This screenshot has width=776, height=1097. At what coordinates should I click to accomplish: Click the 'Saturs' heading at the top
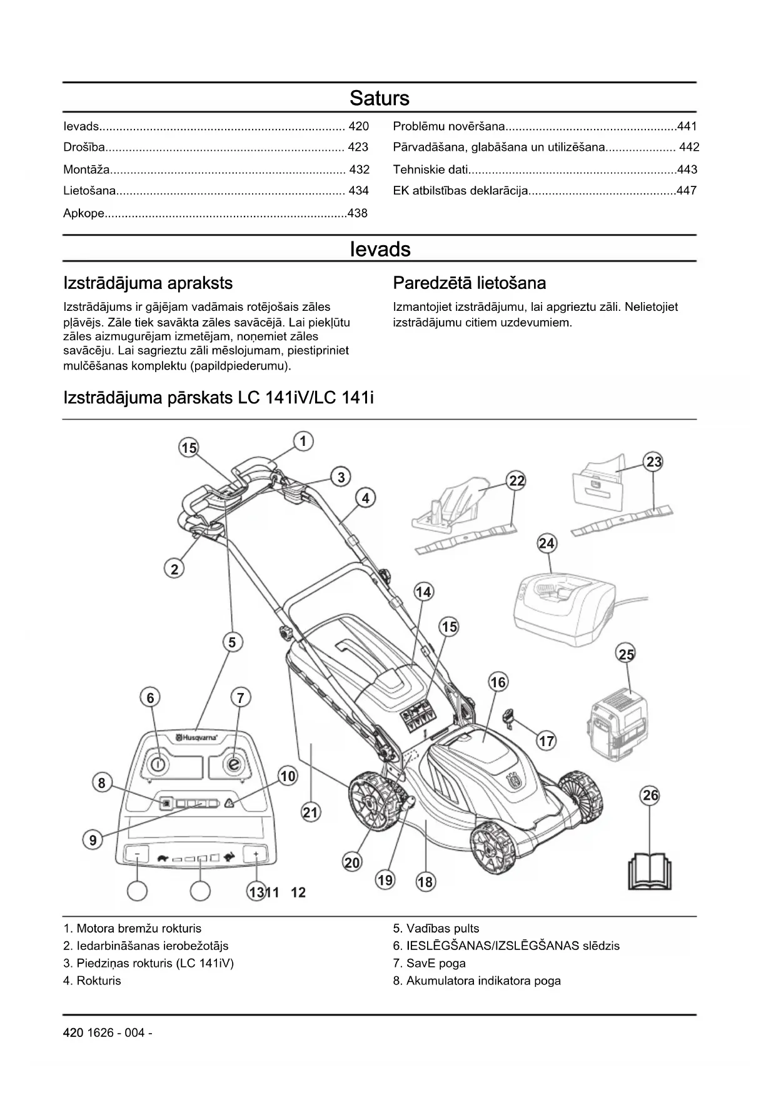[379, 98]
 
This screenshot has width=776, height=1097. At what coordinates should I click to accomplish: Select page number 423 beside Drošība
[358, 148]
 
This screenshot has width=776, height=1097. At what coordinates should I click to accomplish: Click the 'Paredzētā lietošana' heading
[469, 283]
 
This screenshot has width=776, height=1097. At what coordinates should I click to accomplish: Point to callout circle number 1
[303, 442]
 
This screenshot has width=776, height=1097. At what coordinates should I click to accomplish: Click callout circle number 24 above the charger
[547, 543]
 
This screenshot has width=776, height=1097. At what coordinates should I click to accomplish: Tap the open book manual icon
[650, 869]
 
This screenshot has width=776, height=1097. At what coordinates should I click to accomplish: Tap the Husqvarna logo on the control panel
[196, 738]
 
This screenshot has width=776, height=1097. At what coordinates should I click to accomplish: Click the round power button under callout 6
[158, 764]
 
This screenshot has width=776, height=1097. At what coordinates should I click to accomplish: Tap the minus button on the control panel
[138, 854]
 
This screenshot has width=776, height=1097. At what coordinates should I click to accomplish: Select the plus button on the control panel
[256, 854]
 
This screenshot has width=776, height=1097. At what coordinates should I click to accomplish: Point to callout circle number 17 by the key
[546, 741]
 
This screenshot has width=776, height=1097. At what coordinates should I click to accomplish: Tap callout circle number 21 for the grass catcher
[310, 813]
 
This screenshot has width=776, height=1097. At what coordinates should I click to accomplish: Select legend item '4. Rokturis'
[92, 981]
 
